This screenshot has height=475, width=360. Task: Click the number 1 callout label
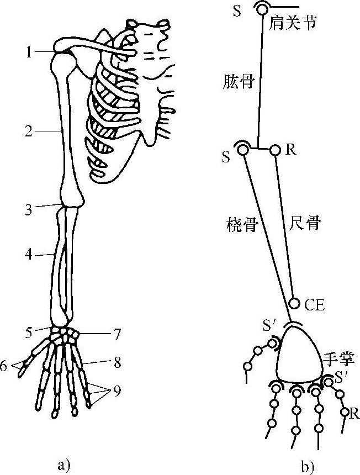click(29, 52)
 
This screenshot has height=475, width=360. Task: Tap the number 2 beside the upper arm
click(29, 131)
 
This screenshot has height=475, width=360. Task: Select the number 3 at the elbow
click(29, 209)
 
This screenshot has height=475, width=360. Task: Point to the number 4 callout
click(29, 255)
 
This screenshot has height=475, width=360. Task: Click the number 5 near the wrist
click(29, 332)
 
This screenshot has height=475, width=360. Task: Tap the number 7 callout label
click(116, 334)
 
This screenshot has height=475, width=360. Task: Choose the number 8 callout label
click(116, 363)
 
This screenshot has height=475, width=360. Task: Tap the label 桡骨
click(241, 225)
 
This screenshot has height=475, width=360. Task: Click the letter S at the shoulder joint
click(236, 12)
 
